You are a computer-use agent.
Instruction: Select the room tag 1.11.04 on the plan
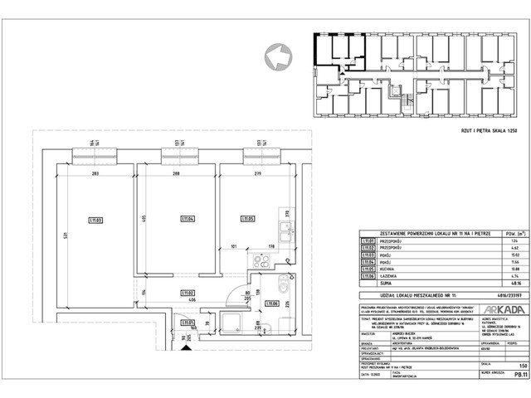(187, 219)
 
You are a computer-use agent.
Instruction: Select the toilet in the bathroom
(285, 287)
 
